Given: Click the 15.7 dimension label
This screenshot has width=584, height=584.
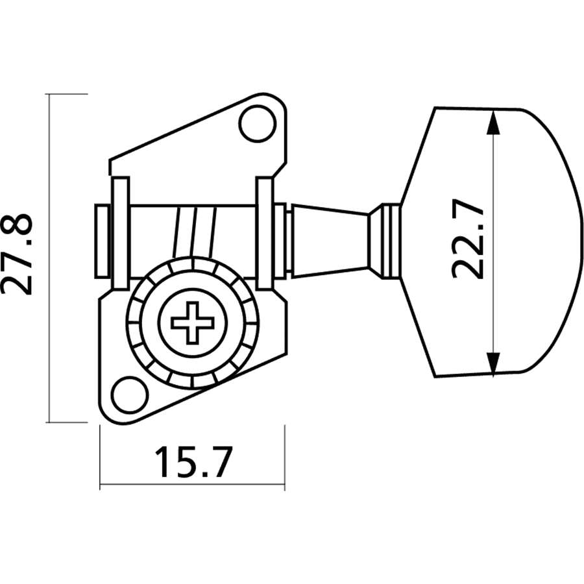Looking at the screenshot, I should pyautogui.click(x=193, y=462).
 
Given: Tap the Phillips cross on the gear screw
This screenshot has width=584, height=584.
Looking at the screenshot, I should pyautogui.click(x=192, y=322).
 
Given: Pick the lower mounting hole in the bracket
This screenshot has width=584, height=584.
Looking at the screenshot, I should pyautogui.click(x=128, y=394).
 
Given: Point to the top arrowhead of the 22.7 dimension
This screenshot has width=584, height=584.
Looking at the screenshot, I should pyautogui.click(x=494, y=120).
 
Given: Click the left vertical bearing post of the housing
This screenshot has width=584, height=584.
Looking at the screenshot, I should pyautogui.click(x=121, y=232).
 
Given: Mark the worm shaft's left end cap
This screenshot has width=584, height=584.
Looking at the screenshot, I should pyautogui.click(x=103, y=240).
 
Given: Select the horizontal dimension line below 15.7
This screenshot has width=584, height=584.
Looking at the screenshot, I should pyautogui.click(x=192, y=485).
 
